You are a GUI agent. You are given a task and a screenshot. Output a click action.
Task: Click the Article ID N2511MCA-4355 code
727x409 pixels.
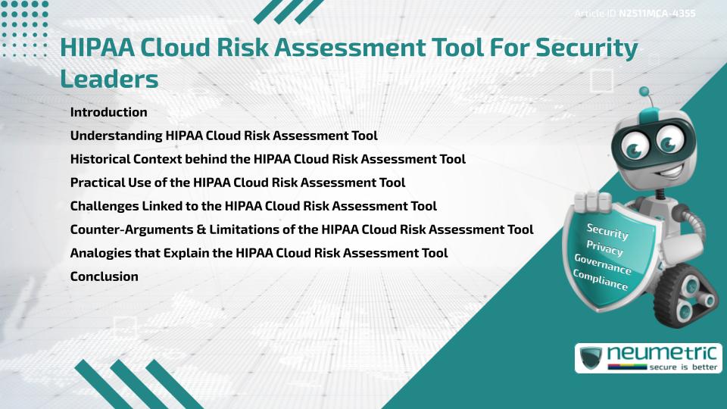point(657,14)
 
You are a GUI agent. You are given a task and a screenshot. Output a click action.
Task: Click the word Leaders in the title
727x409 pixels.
point(109,78)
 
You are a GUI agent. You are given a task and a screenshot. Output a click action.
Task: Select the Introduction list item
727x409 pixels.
point(108,112)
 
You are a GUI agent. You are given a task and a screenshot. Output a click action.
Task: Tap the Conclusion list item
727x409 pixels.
point(104,276)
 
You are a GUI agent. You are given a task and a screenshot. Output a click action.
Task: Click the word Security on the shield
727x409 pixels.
point(607,231)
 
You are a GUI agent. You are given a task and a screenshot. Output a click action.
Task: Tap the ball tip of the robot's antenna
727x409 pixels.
point(644,92)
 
